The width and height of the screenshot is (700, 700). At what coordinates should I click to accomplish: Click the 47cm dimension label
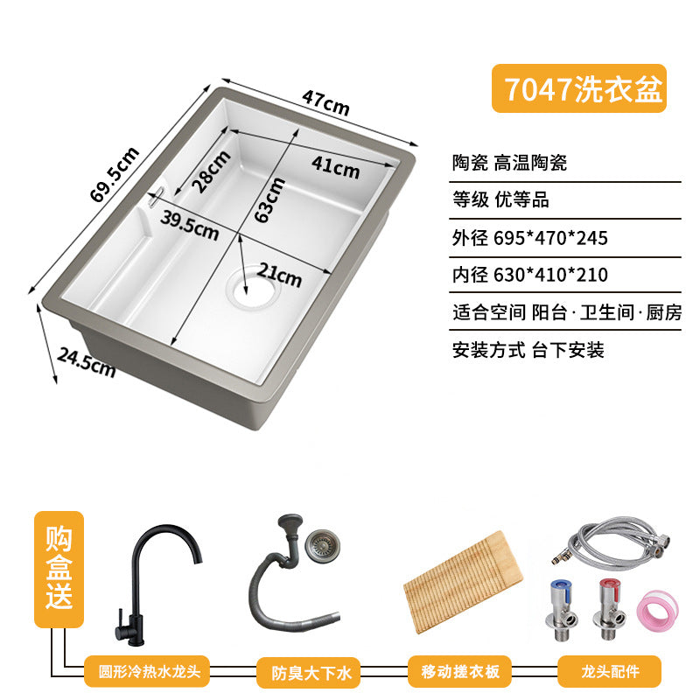325,102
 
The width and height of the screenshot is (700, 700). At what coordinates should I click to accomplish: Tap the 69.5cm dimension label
115,174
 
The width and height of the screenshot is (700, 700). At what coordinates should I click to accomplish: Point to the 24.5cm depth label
87,362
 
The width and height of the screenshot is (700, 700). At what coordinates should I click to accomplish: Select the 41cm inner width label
336,167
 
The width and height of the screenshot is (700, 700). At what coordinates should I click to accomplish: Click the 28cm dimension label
211,171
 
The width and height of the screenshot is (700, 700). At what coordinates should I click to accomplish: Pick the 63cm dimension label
269,199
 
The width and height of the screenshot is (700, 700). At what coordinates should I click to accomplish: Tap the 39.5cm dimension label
190,225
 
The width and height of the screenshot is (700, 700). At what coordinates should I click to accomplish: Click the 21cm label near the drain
279,275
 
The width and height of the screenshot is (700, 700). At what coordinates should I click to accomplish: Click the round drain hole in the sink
254,287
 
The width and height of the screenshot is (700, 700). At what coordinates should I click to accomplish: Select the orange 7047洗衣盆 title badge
579,88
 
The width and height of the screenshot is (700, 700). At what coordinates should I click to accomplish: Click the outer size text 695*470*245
551,238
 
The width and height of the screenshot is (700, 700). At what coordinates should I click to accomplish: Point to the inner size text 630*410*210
551,275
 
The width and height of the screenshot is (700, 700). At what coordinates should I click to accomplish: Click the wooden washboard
463,582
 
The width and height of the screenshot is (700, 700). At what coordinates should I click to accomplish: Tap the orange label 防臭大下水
308,672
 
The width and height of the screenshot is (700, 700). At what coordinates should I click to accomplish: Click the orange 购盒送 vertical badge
59,570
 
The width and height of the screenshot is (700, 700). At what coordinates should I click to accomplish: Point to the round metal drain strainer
322,545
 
